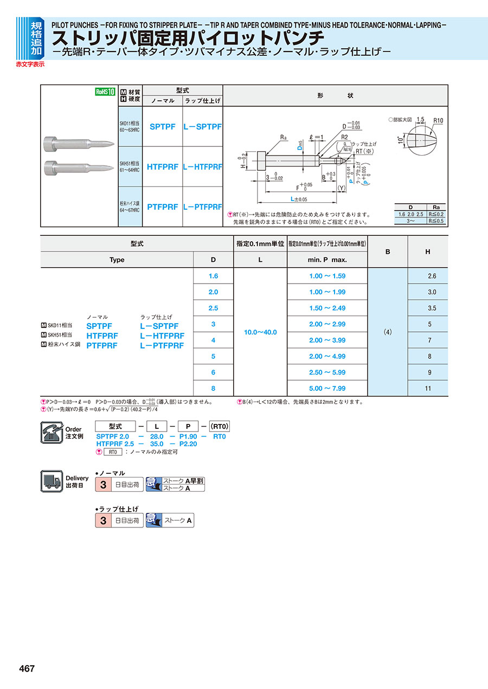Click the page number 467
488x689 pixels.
(27, 668)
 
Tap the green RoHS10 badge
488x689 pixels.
(106, 92)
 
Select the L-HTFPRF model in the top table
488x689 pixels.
(202, 167)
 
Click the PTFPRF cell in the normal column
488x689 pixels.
(162, 207)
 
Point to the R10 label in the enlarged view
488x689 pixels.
(439, 120)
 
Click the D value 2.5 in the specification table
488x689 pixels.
(213, 308)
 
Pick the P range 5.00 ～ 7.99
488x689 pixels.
(327, 388)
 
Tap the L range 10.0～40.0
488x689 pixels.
(260, 332)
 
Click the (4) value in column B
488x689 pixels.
(387, 332)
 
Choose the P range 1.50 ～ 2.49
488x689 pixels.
(327, 308)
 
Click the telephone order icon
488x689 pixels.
(52, 432)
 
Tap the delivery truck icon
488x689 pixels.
(52, 481)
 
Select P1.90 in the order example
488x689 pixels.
(188, 436)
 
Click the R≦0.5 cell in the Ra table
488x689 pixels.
(435, 221)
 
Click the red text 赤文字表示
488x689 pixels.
(30, 64)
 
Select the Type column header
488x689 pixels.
(117, 260)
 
